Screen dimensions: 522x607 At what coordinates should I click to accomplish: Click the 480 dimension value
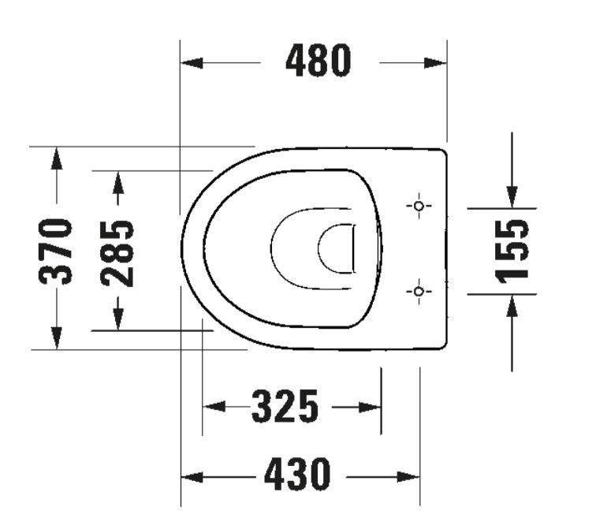(318, 62)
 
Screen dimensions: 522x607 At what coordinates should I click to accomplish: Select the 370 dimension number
(57, 251)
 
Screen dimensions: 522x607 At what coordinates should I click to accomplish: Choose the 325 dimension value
(285, 407)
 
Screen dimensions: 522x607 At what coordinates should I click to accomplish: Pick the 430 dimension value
(297, 475)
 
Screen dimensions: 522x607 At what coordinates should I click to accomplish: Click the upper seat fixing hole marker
(419, 206)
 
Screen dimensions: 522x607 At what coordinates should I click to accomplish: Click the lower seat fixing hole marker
(419, 292)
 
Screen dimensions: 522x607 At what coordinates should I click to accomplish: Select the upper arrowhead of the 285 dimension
(117, 182)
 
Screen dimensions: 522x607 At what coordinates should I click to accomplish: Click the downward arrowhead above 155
(512, 196)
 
